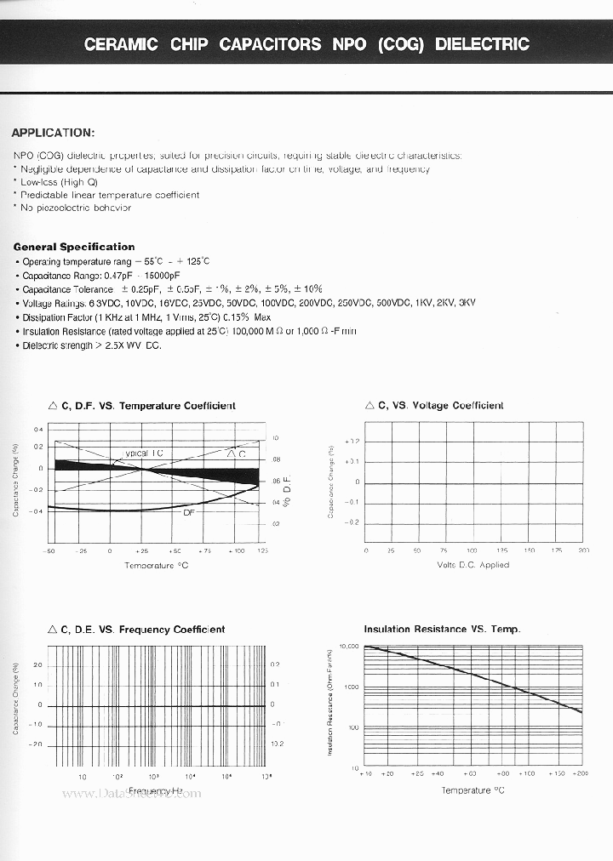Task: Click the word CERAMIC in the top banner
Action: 121,44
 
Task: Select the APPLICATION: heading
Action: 53,133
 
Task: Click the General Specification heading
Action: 74,247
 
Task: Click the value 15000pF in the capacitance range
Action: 158,276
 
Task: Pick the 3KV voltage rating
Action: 467,303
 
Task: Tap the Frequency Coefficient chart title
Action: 137,630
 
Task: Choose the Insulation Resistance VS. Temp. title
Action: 442,630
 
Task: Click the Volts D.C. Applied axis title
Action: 473,565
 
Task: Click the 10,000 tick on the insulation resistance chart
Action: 350,647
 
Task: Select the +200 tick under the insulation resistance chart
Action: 580,773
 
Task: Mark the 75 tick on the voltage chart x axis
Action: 444,551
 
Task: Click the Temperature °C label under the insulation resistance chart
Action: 473,790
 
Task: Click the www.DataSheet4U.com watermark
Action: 132,794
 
